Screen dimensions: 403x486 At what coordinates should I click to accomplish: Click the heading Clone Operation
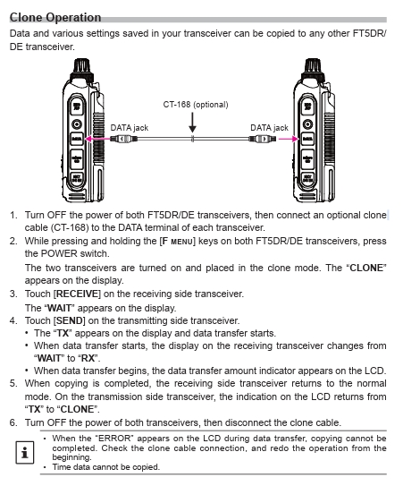(55, 17)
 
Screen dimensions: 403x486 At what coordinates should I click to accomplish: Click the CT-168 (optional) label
(196, 105)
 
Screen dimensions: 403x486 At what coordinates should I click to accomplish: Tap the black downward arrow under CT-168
(192, 123)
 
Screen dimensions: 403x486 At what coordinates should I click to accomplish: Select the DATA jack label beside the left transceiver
(130, 128)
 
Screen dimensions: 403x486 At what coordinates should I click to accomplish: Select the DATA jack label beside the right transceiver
(269, 128)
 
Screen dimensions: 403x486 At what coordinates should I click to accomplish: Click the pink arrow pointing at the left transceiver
(97, 139)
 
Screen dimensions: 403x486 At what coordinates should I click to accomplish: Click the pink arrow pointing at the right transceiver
(289, 139)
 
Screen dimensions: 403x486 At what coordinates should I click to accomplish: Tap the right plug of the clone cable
(263, 139)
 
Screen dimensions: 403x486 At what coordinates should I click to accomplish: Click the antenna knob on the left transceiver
(82, 67)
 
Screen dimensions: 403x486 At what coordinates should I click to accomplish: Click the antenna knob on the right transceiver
(313, 67)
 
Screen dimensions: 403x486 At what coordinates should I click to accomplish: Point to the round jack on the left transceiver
(77, 124)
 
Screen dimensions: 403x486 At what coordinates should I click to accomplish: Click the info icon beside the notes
(25, 453)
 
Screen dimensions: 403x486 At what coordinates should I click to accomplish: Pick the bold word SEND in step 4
(70, 320)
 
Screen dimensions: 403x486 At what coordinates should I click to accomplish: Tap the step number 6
(13, 422)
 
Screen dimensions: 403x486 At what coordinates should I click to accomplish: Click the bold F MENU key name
(178, 241)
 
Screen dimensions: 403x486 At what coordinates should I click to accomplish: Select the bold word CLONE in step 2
(366, 268)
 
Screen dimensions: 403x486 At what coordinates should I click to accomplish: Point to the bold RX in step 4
(88, 358)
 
